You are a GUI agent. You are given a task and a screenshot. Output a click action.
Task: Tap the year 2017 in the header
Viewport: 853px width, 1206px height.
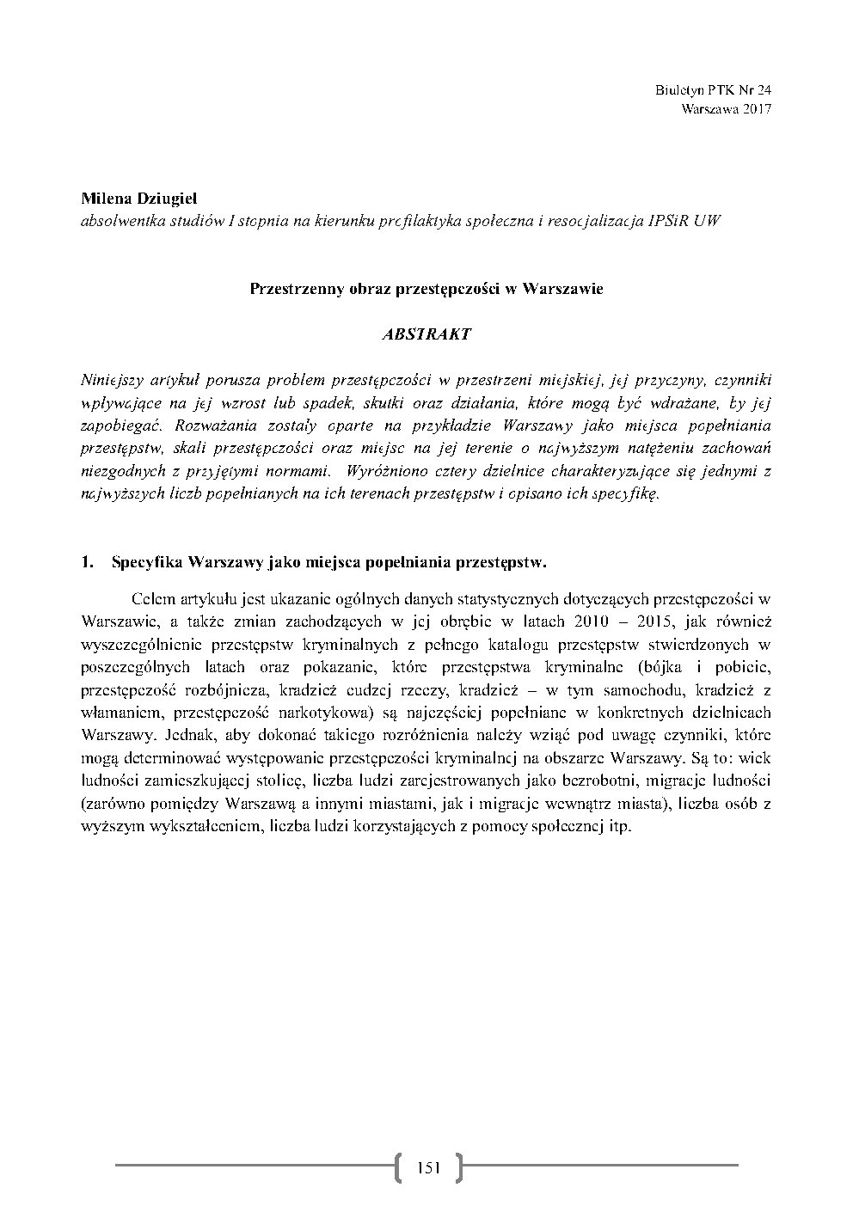[756, 109]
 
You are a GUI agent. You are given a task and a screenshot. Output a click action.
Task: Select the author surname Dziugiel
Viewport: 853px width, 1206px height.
[165, 199]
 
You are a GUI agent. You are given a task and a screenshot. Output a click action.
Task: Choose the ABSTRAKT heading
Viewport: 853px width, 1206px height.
[426, 334]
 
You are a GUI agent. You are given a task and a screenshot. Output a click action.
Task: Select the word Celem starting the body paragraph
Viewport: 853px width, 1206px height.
[153, 598]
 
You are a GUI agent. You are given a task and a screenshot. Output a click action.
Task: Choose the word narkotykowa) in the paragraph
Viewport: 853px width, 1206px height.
[331, 713]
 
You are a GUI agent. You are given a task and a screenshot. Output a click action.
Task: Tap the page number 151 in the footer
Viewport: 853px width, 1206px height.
[427, 1166]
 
